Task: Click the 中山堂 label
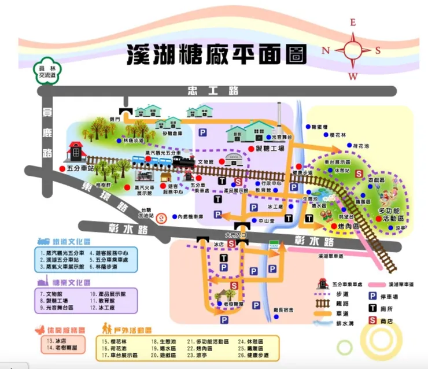pyautogui.click(x=265, y=220)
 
